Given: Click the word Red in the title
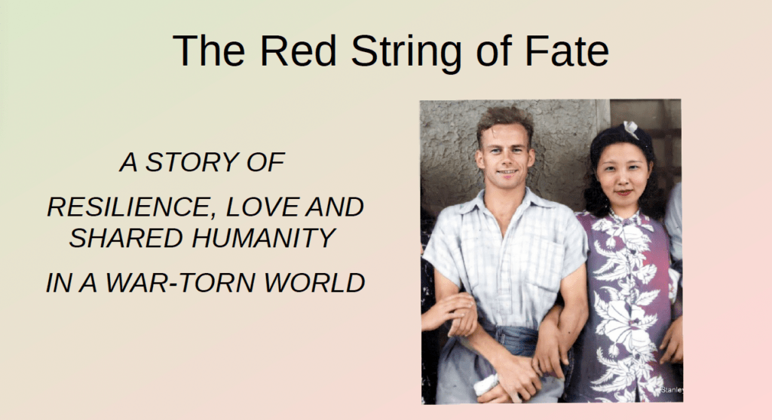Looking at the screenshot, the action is tap(299, 51).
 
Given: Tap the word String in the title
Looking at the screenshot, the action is tap(406, 53).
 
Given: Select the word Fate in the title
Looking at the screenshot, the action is tap(567, 51).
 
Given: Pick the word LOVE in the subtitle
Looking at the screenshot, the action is tap(263, 207).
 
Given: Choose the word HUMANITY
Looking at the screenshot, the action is tap(264, 238).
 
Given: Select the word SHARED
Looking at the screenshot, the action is tap(126, 238).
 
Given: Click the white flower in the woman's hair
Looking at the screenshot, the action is tap(631, 129).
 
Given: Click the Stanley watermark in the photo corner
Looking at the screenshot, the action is tap(670, 390).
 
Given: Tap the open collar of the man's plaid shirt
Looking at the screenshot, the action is tap(507, 207).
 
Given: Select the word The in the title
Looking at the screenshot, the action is tap(209, 51).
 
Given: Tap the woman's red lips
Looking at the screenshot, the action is tap(623, 192).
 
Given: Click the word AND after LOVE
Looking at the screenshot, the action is tap(335, 207).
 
